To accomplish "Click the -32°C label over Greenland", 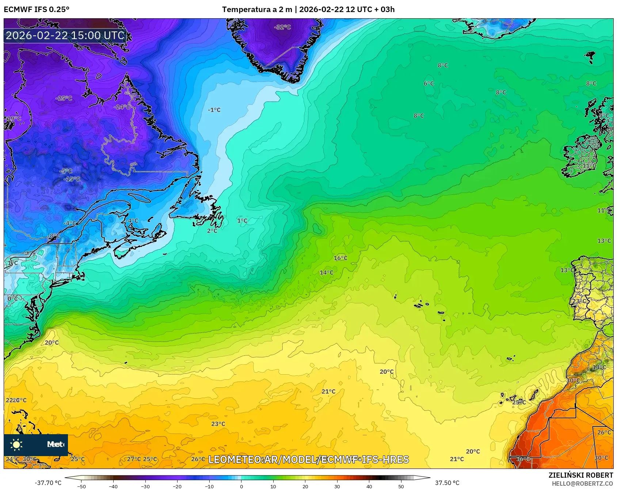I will [282, 27].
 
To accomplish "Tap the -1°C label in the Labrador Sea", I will [214, 110].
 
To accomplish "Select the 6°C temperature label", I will [429, 83].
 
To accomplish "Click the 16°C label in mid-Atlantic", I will [340, 258].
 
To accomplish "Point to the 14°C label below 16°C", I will [326, 272].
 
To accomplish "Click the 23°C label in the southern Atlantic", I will [218, 424].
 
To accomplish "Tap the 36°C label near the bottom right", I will [523, 459].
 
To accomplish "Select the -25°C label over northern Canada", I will [64, 98].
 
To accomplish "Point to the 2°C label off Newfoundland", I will [212, 231].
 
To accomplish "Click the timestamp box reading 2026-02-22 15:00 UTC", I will [65, 35].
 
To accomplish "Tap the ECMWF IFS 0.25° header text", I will [37, 10].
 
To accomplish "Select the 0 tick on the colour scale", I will [241, 486].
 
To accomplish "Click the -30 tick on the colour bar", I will [145, 486].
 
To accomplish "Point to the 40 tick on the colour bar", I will [369, 486].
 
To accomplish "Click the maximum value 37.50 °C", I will [447, 483].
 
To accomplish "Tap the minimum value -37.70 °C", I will [48, 483].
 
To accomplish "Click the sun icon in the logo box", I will [16, 444].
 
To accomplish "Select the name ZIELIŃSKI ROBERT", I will [580, 475].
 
